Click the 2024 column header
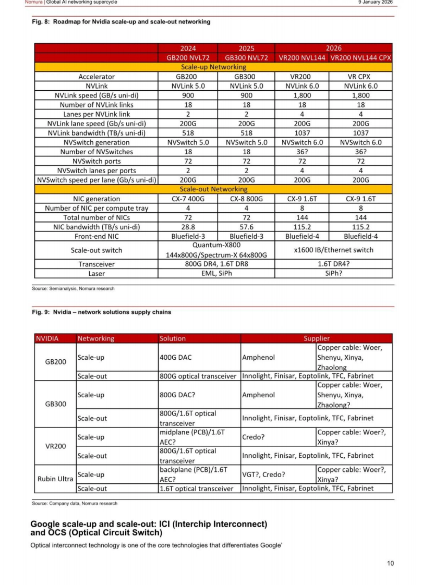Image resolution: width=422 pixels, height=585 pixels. (x=188, y=48)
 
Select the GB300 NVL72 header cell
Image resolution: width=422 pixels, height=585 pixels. (x=246, y=58)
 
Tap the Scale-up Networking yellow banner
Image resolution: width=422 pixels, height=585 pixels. (x=213, y=67)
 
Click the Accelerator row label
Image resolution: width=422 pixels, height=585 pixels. (x=96, y=77)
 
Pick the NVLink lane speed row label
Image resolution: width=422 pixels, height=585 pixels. (x=96, y=124)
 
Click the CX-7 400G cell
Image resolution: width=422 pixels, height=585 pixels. (x=188, y=199)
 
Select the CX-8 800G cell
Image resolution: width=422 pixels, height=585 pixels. (x=246, y=199)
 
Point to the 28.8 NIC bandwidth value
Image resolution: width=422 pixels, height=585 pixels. (x=188, y=227)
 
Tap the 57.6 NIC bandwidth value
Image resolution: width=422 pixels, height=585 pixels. (x=246, y=227)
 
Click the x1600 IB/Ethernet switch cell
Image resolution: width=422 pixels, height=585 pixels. (x=333, y=250)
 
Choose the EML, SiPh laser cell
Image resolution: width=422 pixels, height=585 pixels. (x=216, y=274)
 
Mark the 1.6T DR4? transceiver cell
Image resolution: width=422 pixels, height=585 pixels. (x=333, y=264)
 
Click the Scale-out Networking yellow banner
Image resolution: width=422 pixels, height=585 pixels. (x=213, y=189)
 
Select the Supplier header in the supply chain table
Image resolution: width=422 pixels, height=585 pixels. (x=316, y=338)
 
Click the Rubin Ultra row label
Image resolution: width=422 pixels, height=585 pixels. (x=55, y=479)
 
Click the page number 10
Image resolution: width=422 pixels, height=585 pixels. (x=390, y=563)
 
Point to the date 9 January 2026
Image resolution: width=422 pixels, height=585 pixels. (x=375, y=2)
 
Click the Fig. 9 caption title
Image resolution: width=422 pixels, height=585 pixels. (x=101, y=312)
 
